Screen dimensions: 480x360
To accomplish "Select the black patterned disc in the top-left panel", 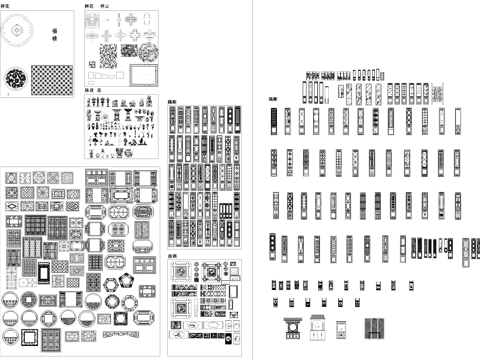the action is pos(17,79).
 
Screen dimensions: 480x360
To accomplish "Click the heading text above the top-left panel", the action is pos(5,6).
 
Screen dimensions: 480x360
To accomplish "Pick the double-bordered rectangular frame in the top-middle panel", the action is pos(145,76).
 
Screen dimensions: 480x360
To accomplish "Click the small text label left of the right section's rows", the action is pos(273,100).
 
